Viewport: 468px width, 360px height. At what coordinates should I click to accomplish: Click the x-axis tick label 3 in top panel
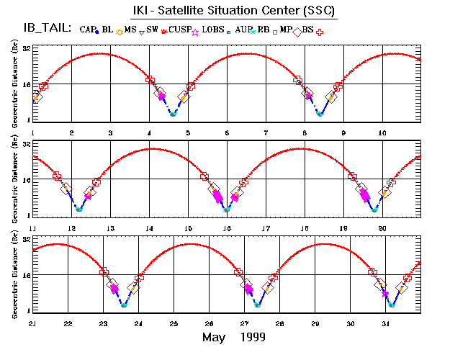[110, 132]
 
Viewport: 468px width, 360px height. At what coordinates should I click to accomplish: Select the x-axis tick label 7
[266, 132]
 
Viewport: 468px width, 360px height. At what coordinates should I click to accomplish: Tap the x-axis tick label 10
[382, 132]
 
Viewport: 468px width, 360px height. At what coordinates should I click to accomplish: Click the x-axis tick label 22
[68, 324]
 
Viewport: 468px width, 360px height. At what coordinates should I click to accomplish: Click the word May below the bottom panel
[215, 338]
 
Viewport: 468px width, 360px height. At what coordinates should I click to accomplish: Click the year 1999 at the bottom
[252, 338]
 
